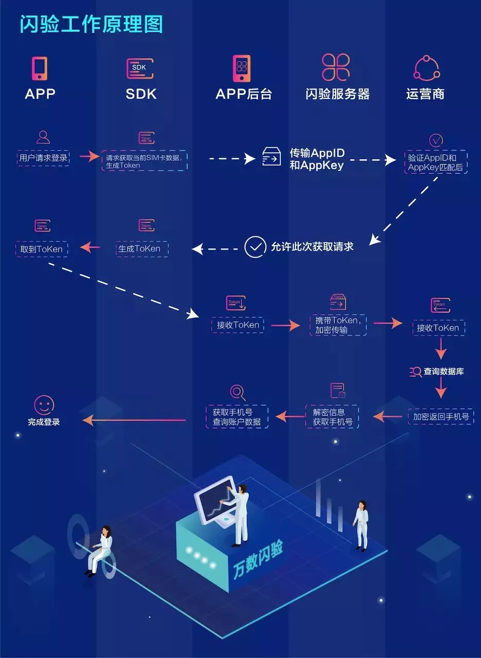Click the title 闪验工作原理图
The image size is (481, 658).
coord(91,24)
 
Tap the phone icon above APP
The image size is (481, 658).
coord(40,68)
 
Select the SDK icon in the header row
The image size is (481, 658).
coord(140,68)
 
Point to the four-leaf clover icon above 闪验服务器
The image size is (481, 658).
coord(336,67)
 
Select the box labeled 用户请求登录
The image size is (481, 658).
coord(43,158)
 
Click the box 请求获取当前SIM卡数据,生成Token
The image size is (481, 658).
coord(144,161)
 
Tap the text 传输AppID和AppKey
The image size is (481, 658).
coord(317,159)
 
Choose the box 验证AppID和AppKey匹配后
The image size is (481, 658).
coord(435,162)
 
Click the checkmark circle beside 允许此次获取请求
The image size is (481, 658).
coord(255,247)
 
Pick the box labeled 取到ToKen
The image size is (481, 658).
coord(42,249)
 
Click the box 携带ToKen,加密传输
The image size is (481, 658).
coord(338,325)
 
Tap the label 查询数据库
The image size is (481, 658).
coord(443,371)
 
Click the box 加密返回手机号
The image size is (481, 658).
coord(441,416)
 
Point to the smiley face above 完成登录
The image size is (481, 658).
coord(44,405)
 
